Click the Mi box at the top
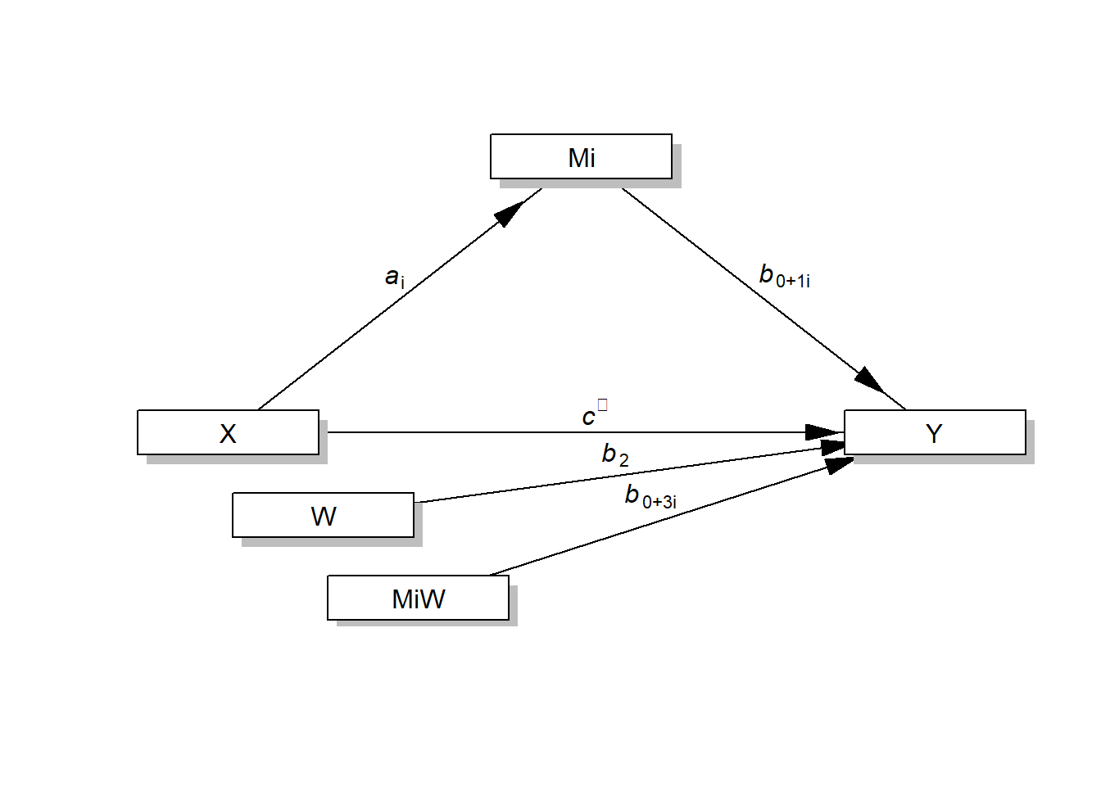point(581,156)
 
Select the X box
point(228,432)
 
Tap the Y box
point(935,432)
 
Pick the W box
point(323,515)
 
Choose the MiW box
point(418,598)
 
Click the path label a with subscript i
point(394,278)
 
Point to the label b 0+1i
point(784,277)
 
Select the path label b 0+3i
point(650,496)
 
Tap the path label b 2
point(615,454)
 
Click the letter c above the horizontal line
point(588,418)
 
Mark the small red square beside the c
point(603,404)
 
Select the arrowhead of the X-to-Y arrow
point(823,432)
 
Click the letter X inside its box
point(228,433)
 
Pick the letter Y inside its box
point(934,433)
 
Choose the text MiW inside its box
point(418,599)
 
